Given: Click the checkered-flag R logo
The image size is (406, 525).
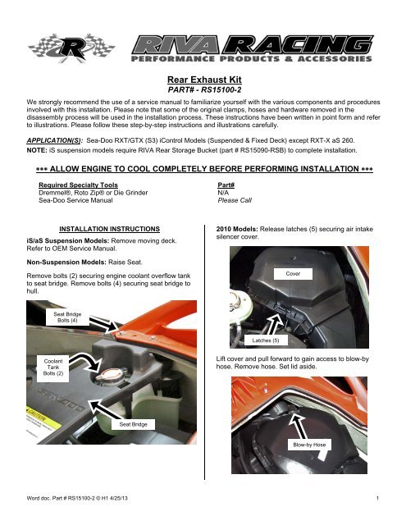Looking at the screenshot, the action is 71,48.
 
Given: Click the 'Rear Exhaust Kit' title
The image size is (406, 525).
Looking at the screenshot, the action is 204,80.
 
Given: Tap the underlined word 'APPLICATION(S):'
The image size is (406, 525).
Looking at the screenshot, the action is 55,140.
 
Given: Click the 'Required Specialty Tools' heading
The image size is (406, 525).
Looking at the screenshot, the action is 78,185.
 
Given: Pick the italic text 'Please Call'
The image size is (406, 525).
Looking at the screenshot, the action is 235,200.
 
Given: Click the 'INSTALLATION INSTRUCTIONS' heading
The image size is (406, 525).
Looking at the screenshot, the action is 109,229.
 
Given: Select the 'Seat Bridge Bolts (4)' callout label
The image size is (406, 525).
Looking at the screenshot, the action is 67,317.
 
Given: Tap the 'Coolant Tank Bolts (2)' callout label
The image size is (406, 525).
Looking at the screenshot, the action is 52,367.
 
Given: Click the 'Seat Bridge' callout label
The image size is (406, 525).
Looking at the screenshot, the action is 133,424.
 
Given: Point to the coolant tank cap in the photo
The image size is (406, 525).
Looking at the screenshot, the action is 111,375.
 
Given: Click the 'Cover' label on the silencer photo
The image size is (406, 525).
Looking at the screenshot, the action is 293,273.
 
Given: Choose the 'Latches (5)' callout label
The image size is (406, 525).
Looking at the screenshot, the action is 266,340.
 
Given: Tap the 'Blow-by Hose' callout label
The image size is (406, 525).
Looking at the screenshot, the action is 309,445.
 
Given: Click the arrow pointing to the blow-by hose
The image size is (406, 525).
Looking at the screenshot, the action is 299,427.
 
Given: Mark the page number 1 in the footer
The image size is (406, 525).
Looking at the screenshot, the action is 377,498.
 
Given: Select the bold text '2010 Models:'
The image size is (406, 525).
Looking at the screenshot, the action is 237,229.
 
